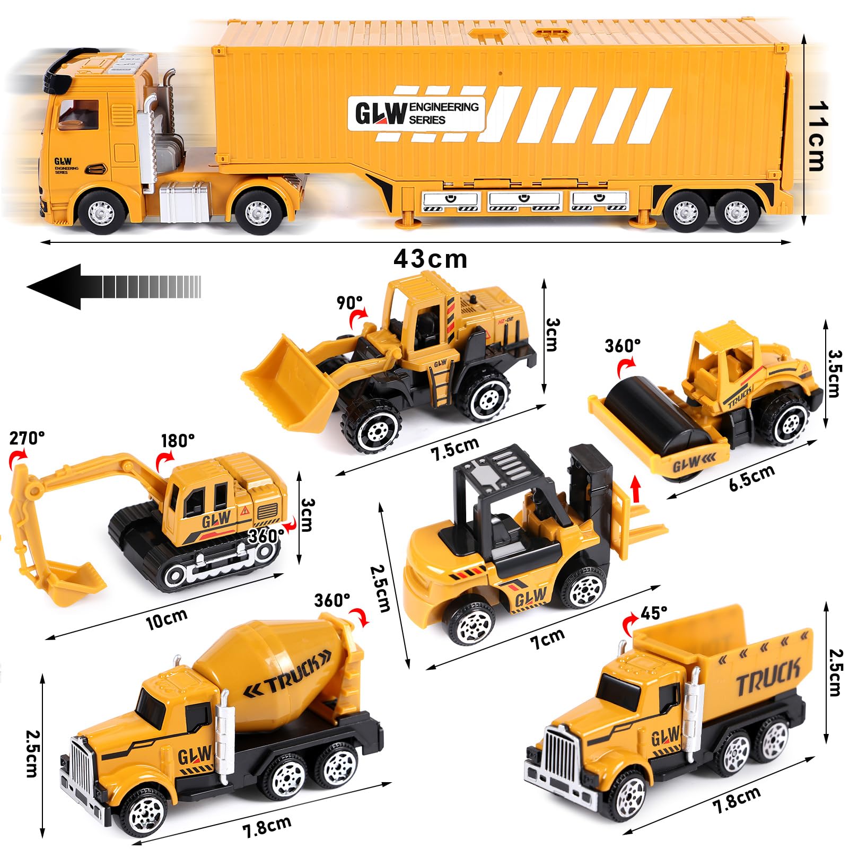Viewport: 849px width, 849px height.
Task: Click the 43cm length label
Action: point(430,259)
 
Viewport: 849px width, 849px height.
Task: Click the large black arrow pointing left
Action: point(114,286)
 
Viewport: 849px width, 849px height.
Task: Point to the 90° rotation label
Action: point(349,302)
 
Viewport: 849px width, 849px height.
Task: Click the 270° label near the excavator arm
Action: point(27,438)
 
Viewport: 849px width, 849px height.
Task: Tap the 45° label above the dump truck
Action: point(654,613)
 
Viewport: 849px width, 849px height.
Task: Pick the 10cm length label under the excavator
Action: point(167,619)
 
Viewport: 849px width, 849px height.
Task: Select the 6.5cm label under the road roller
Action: point(751,477)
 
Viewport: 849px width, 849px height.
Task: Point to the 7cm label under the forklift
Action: point(548,638)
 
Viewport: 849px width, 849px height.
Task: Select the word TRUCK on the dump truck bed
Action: point(768,678)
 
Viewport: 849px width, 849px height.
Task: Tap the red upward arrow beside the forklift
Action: point(635,488)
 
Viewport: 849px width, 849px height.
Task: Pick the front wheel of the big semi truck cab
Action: point(101,212)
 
